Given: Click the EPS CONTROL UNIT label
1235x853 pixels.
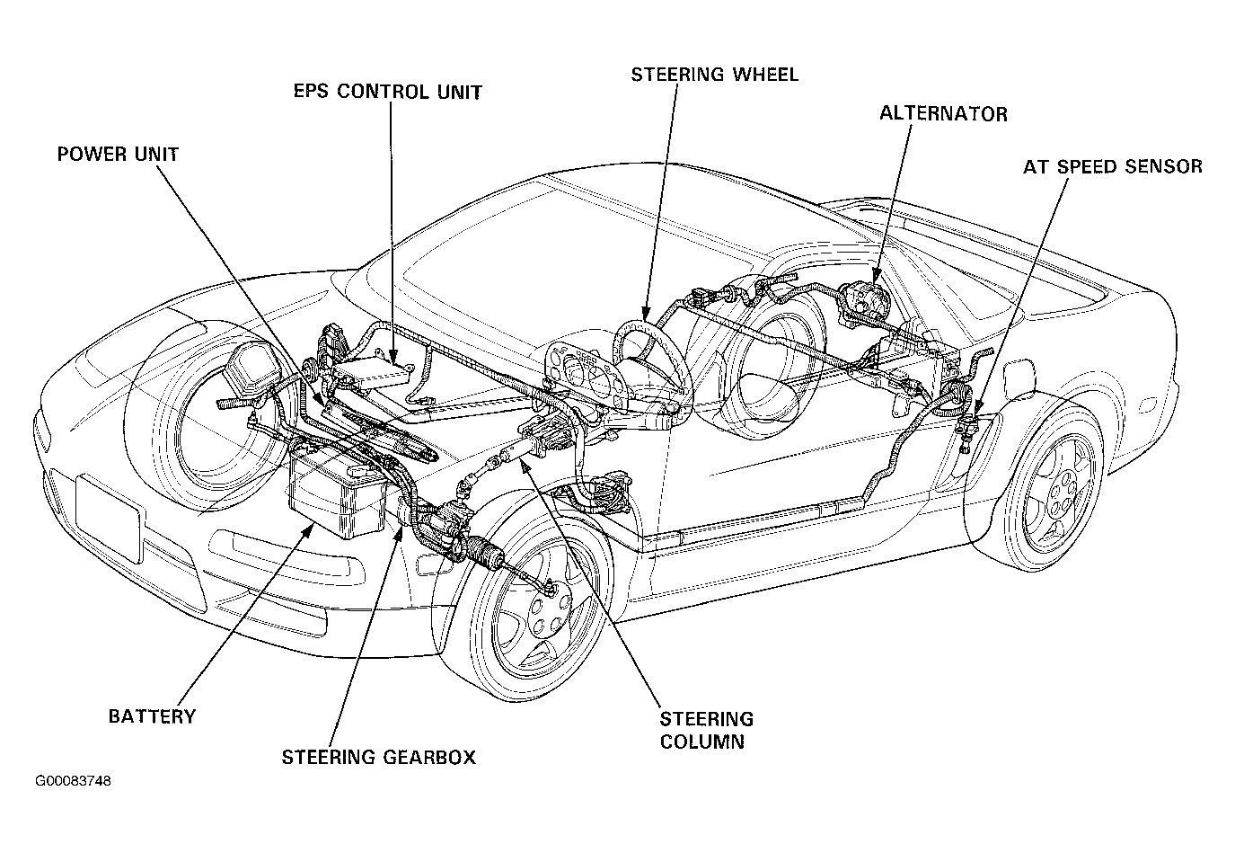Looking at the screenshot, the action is point(388,92).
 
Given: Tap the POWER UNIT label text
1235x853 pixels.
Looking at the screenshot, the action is point(118,154).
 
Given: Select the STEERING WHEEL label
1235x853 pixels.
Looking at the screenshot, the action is point(715,75).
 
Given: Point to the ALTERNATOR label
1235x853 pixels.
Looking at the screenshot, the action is point(943,113).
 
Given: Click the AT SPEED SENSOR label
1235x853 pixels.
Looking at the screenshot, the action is point(1113,166).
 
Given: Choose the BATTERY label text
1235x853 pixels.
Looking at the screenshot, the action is point(152,716).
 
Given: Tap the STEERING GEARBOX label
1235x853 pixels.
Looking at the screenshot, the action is point(379,758).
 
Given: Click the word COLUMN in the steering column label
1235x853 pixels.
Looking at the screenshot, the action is point(701,742).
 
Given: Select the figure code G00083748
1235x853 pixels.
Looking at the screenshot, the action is point(73,781).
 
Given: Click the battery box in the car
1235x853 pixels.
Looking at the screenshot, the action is point(338,493).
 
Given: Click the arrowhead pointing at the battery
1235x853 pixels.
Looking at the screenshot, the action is point(309,530).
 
